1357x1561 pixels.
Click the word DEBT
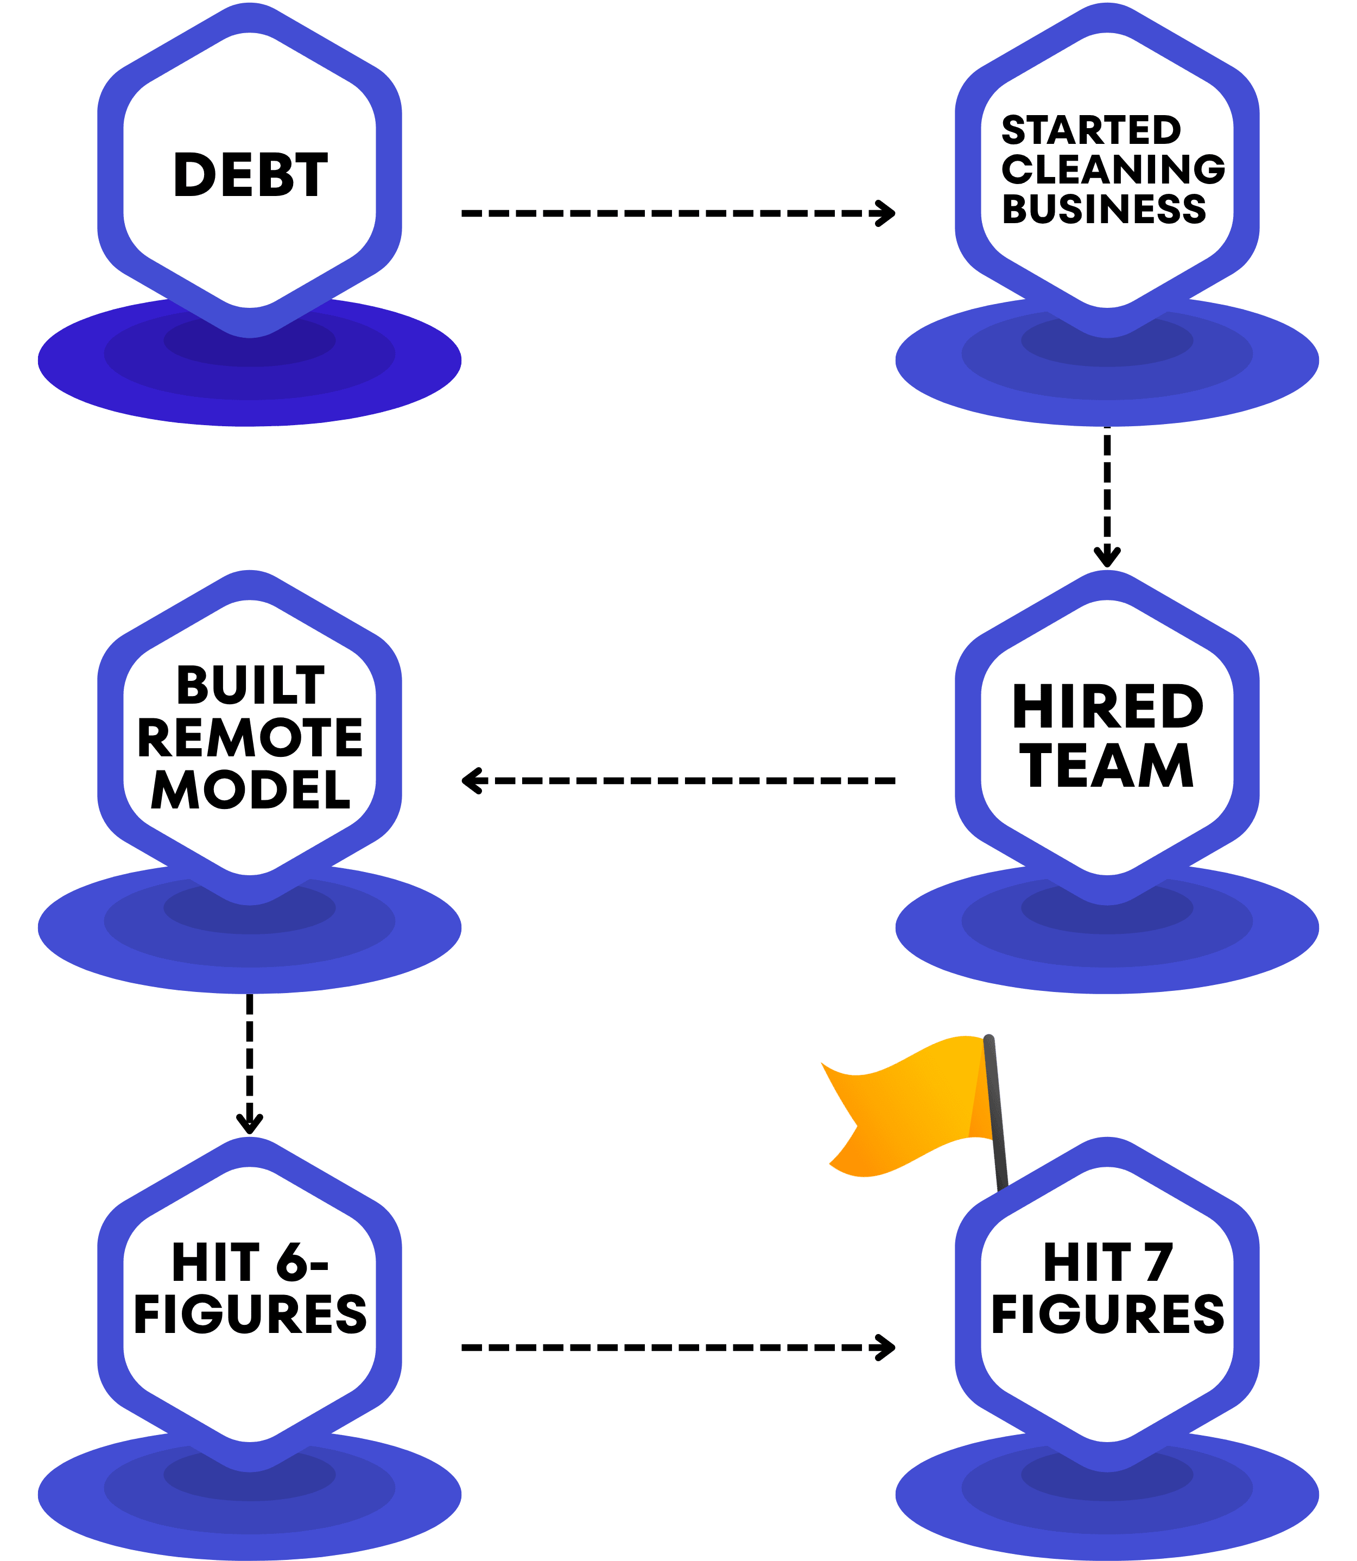click(251, 175)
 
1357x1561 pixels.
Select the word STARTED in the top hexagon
click(1090, 130)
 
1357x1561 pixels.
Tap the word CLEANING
click(1112, 169)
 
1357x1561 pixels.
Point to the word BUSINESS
click(1104, 208)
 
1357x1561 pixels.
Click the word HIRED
click(1107, 706)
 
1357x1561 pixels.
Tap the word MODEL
click(251, 790)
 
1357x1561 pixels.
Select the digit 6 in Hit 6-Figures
click(291, 1262)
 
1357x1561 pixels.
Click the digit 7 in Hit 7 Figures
click(1158, 1262)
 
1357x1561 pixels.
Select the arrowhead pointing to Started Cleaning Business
click(886, 213)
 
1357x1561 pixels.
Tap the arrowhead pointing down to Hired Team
click(1107, 558)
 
